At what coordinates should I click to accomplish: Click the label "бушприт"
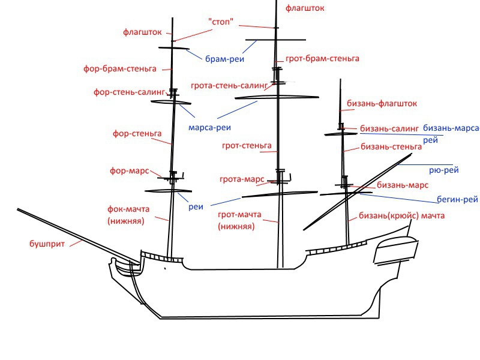(x=46, y=244)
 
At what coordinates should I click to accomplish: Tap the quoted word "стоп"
(x=220, y=22)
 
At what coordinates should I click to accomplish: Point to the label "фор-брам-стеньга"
(x=119, y=69)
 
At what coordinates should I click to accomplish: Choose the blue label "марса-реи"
(x=209, y=127)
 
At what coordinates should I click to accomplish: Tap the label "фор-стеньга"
(x=137, y=133)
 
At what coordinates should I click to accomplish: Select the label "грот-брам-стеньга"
(x=322, y=58)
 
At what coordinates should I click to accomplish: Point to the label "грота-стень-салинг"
(x=228, y=86)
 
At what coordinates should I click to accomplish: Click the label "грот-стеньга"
(x=247, y=146)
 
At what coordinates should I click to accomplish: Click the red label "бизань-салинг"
(x=389, y=128)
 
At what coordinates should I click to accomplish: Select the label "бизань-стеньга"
(x=391, y=146)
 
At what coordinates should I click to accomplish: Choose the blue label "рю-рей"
(x=445, y=170)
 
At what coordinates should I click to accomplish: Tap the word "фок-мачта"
(x=128, y=209)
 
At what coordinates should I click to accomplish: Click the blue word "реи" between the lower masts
(x=196, y=206)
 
